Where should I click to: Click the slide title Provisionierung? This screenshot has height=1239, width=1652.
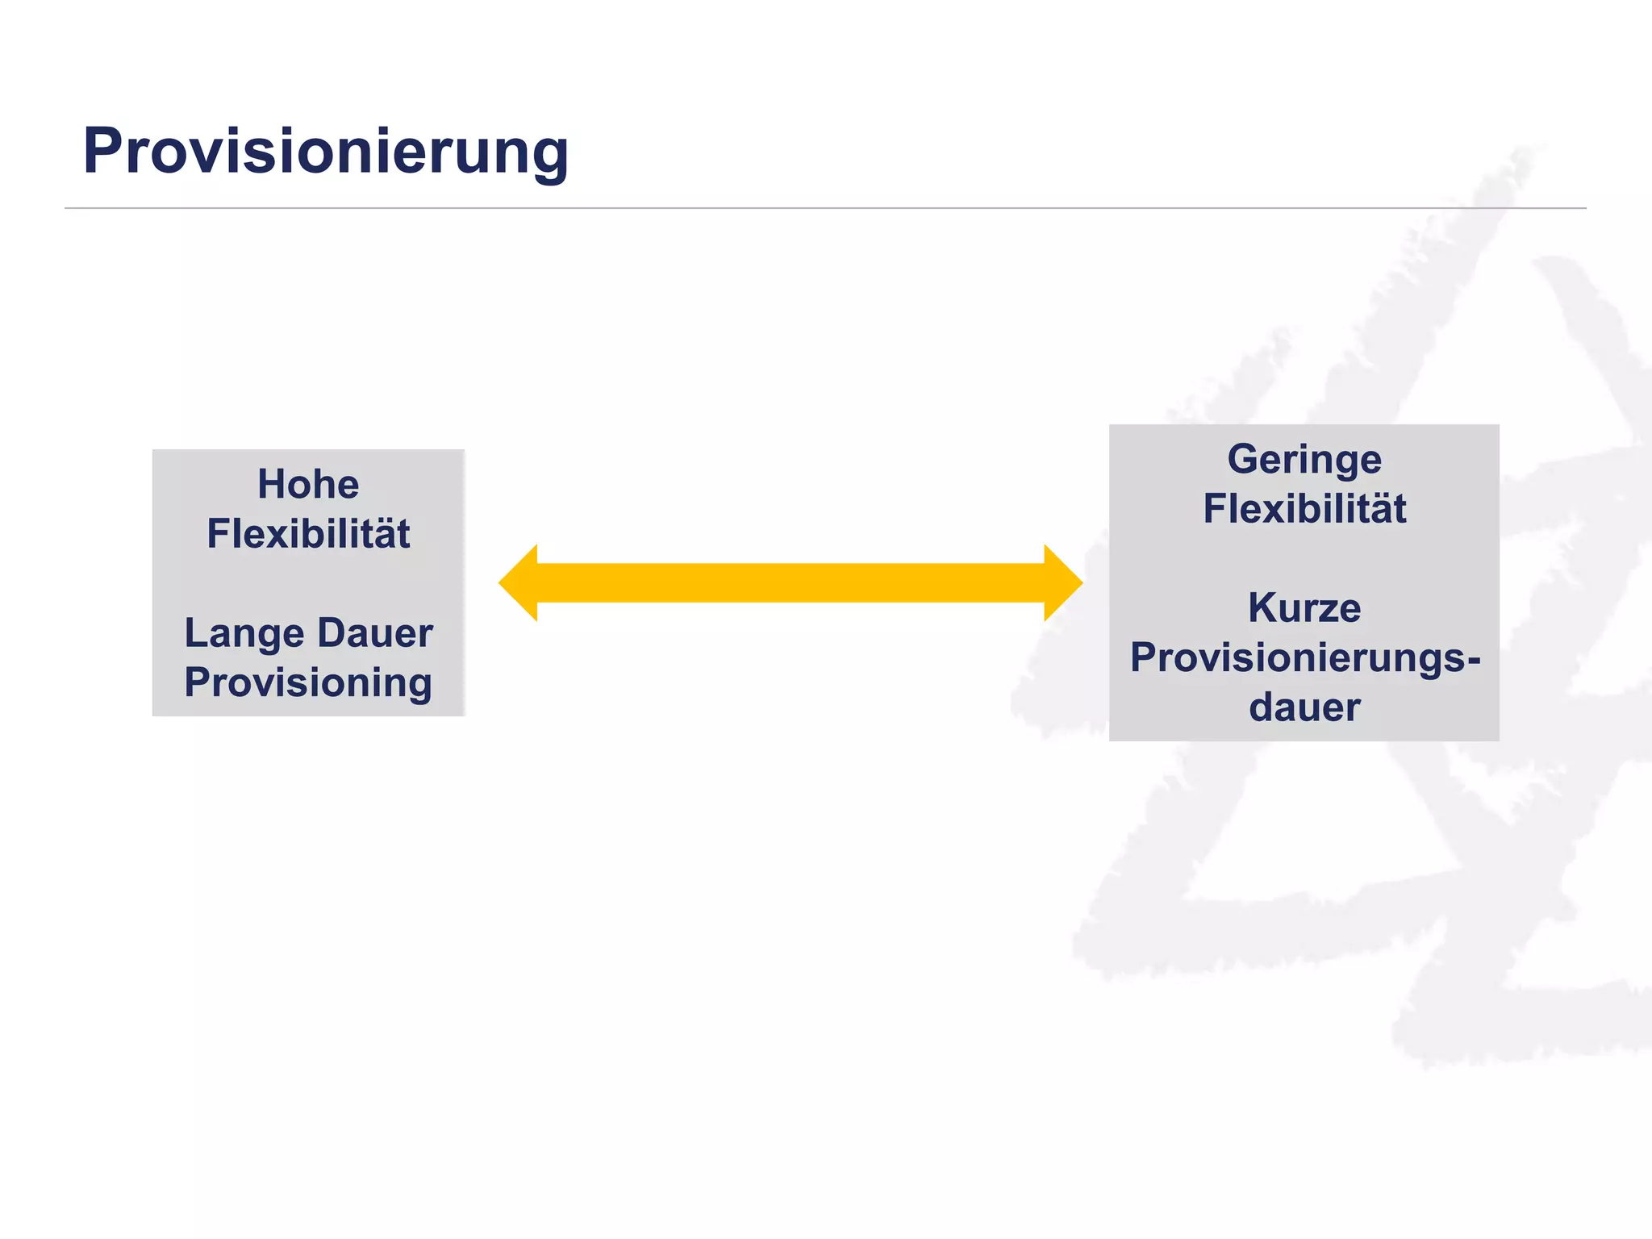[x=325, y=152]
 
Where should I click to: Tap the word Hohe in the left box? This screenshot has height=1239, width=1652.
[x=308, y=484]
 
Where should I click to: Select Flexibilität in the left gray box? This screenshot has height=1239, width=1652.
[x=308, y=534]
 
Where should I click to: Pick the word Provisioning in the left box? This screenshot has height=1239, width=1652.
[x=308, y=683]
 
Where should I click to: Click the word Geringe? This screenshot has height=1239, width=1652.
[x=1304, y=460]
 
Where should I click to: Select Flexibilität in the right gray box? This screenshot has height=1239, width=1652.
[x=1304, y=509]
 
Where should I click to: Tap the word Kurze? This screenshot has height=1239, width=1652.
[x=1304, y=608]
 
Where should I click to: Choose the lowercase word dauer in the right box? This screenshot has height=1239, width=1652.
[x=1304, y=707]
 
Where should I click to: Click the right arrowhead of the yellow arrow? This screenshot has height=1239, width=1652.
[x=1063, y=582]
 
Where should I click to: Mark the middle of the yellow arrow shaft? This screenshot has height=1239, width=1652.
[x=791, y=582]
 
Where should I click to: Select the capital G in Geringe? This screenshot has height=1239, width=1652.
[x=1243, y=459]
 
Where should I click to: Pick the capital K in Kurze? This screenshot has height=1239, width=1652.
[x=1263, y=608]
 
